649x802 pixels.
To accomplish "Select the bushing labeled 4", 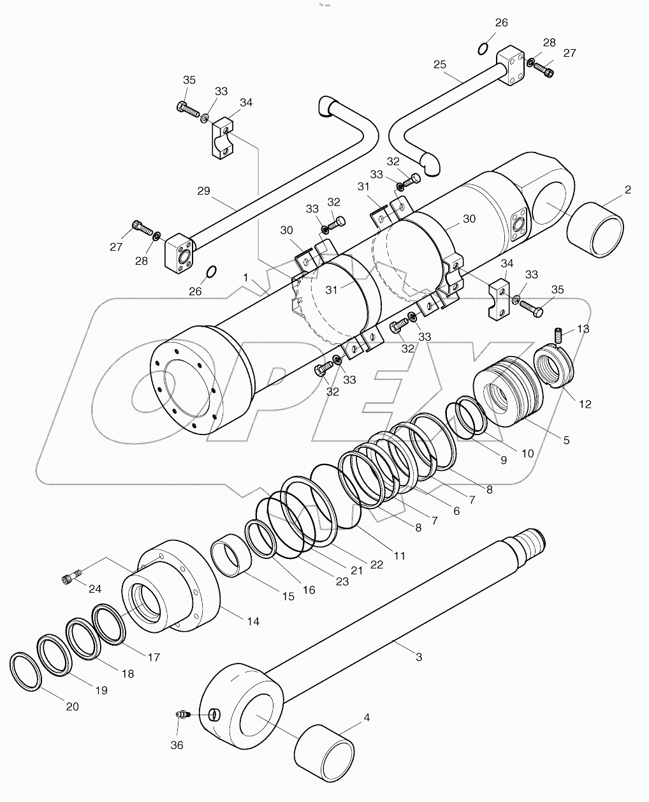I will point(324,749).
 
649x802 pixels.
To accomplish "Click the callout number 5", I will point(566,440).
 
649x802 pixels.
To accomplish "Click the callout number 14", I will point(254,621).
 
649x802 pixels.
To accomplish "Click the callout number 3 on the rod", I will point(418,657).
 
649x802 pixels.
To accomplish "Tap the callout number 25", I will point(439,64).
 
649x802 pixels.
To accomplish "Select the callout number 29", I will point(203,190).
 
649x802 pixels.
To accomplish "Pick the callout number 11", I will point(399,556).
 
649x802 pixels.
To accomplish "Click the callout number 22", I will point(376,564).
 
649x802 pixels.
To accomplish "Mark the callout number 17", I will point(154,657).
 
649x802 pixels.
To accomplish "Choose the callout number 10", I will point(527,454).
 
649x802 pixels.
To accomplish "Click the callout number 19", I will point(101,690).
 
